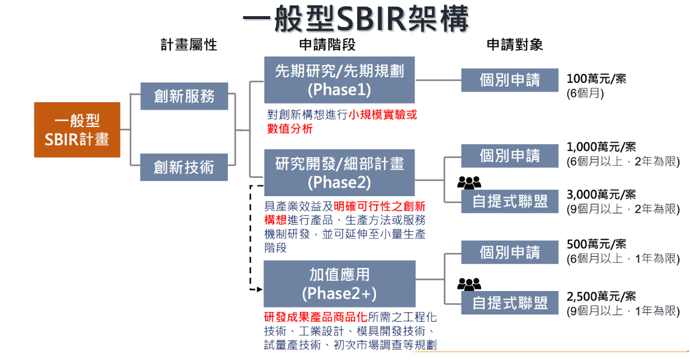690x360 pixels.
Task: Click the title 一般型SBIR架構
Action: coord(356,19)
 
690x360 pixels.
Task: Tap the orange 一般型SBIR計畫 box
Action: coord(77,130)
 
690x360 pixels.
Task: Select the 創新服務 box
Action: coord(184,96)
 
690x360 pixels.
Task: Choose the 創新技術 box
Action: coord(184,167)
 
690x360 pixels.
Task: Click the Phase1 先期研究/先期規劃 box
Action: coord(339,80)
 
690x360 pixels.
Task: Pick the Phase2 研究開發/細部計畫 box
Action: coord(339,173)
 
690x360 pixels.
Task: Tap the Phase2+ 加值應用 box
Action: coord(339,284)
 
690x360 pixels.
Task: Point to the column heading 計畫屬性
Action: coord(188,45)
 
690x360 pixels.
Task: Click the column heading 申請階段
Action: coord(327,45)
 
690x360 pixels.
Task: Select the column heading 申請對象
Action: coord(514,45)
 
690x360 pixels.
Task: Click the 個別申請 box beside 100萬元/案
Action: coord(509,81)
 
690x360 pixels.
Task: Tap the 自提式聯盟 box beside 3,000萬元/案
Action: coord(509,202)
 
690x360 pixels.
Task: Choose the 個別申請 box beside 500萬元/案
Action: coord(509,253)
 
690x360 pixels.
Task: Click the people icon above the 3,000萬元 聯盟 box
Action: coord(469,182)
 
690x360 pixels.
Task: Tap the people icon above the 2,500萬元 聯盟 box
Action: coord(469,284)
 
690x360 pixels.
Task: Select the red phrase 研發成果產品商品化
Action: coord(315,318)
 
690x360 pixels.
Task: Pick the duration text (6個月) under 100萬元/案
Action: coord(585,93)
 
